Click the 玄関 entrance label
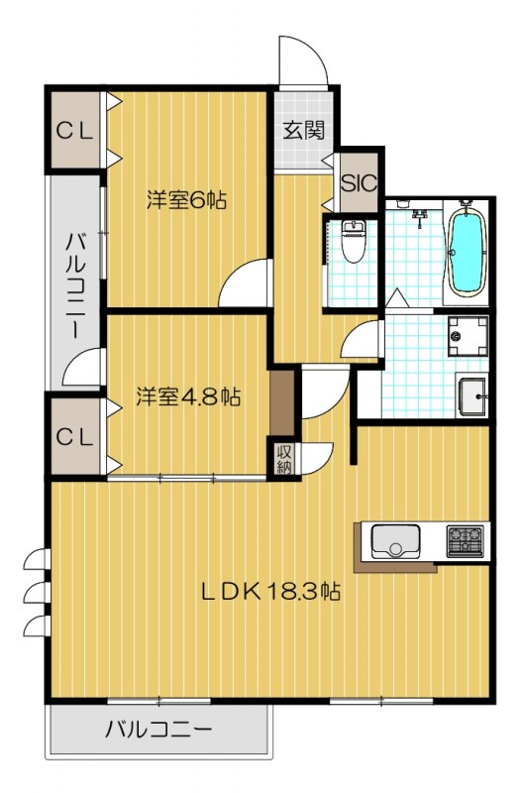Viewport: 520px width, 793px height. tap(303, 130)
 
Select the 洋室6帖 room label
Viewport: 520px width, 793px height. tap(186, 199)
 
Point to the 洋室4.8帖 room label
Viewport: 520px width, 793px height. tap(187, 396)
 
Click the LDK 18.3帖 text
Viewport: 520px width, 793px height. tap(271, 592)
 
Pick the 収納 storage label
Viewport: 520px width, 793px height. tap(284, 458)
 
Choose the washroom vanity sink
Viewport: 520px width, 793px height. tap(472, 397)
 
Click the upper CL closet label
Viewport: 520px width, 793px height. tap(73, 130)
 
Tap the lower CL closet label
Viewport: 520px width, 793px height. tap(73, 435)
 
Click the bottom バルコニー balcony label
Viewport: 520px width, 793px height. tap(158, 732)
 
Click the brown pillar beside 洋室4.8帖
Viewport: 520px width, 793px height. tap(283, 401)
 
